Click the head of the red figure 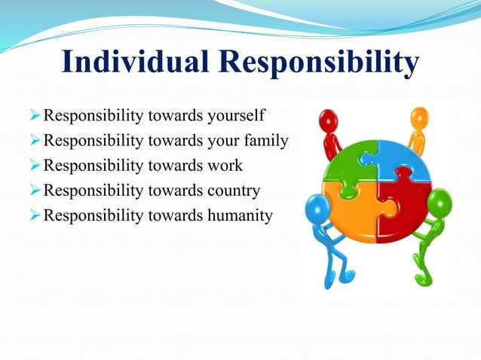(328, 120)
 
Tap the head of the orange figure (419, 117)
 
